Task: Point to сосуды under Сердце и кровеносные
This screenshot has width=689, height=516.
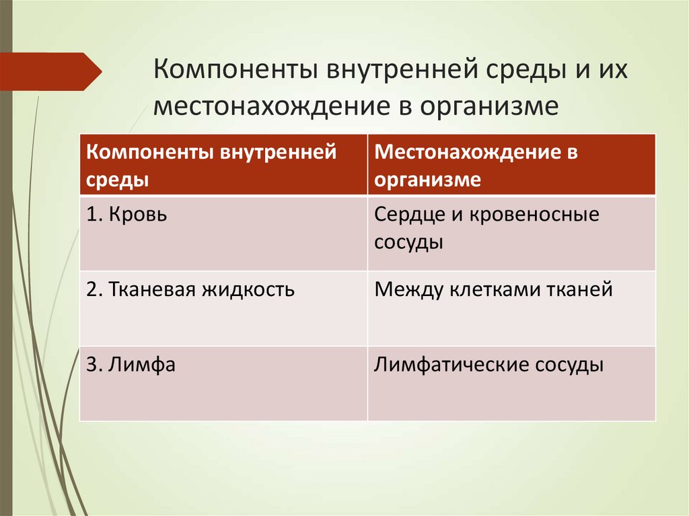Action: coord(409,242)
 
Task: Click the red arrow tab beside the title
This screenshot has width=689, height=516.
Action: coord(50,71)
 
